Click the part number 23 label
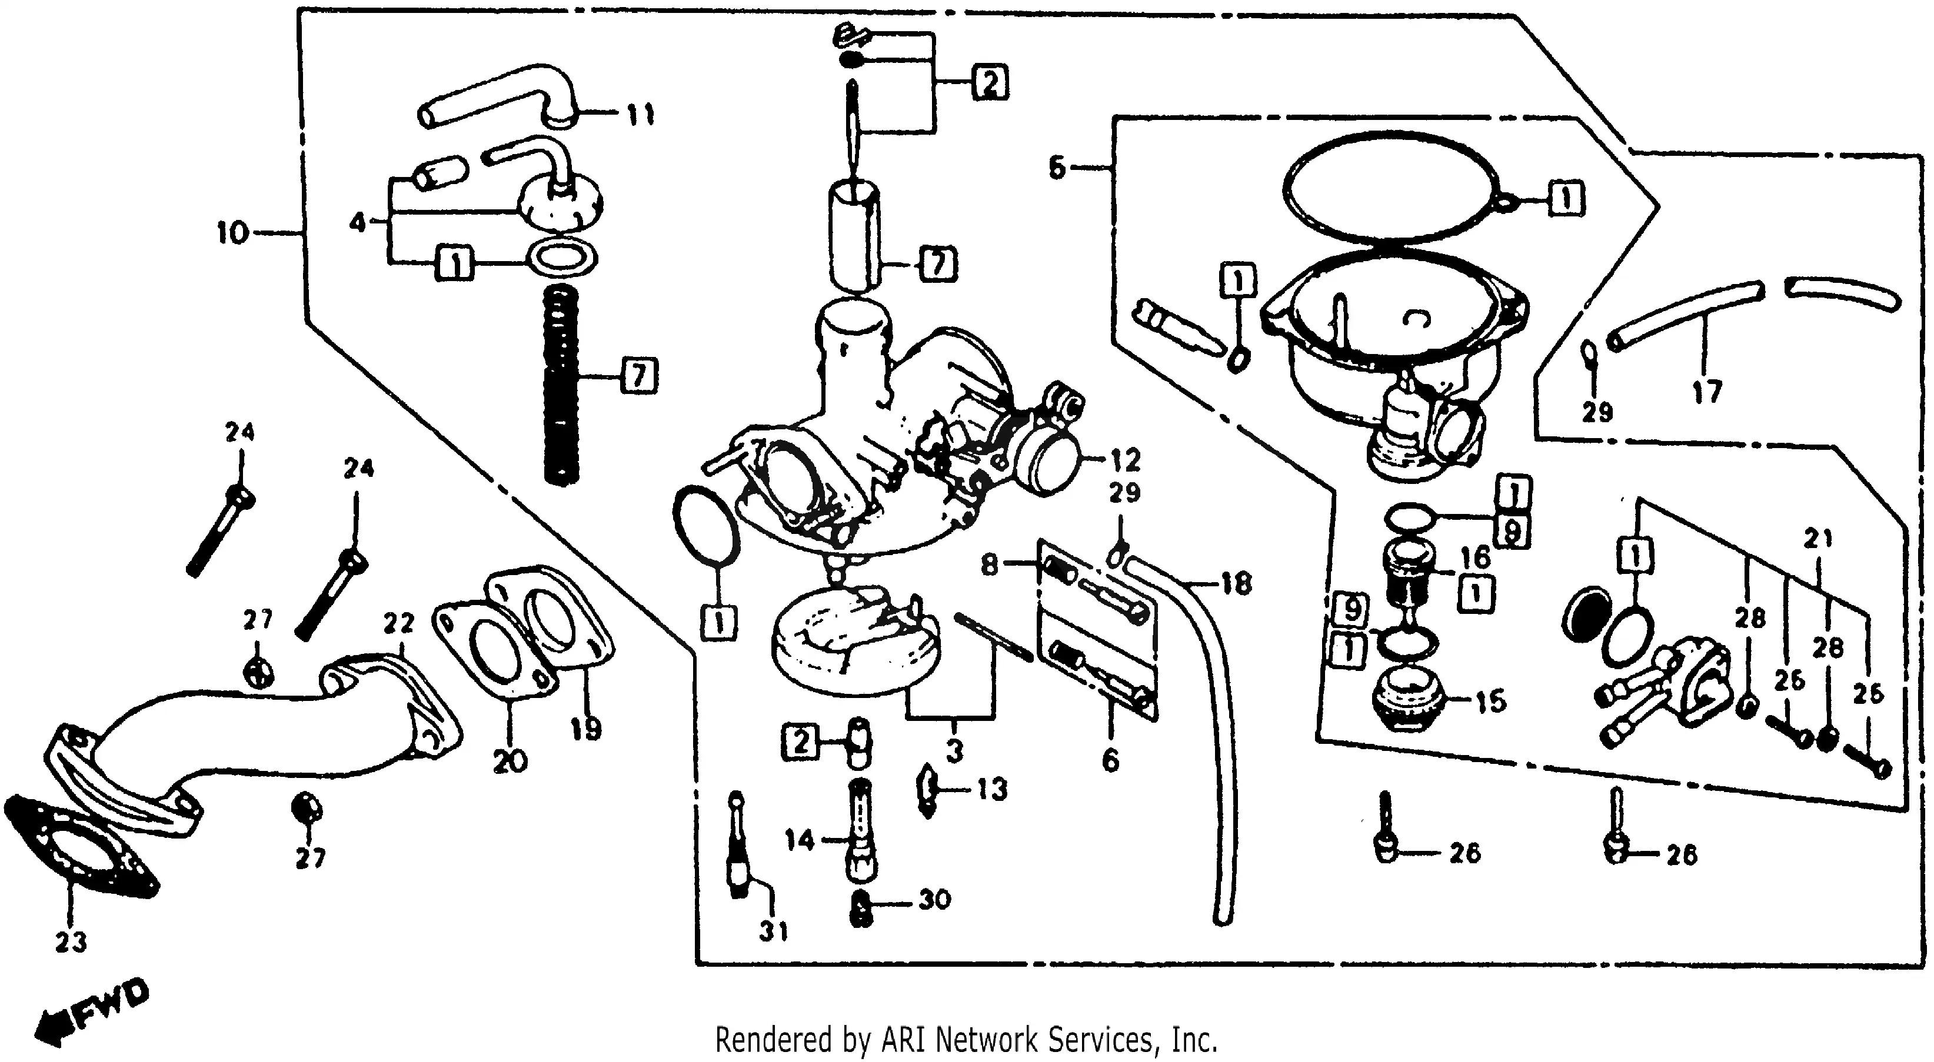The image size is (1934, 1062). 71,941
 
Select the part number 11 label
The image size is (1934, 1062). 640,115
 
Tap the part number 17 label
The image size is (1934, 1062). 1706,391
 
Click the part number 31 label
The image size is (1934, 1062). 773,931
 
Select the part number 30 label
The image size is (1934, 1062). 935,899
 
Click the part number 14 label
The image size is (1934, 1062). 800,839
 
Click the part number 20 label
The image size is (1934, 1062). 510,762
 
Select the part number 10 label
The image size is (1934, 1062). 233,233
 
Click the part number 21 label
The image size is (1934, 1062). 1818,539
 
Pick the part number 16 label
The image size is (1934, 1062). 1475,557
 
